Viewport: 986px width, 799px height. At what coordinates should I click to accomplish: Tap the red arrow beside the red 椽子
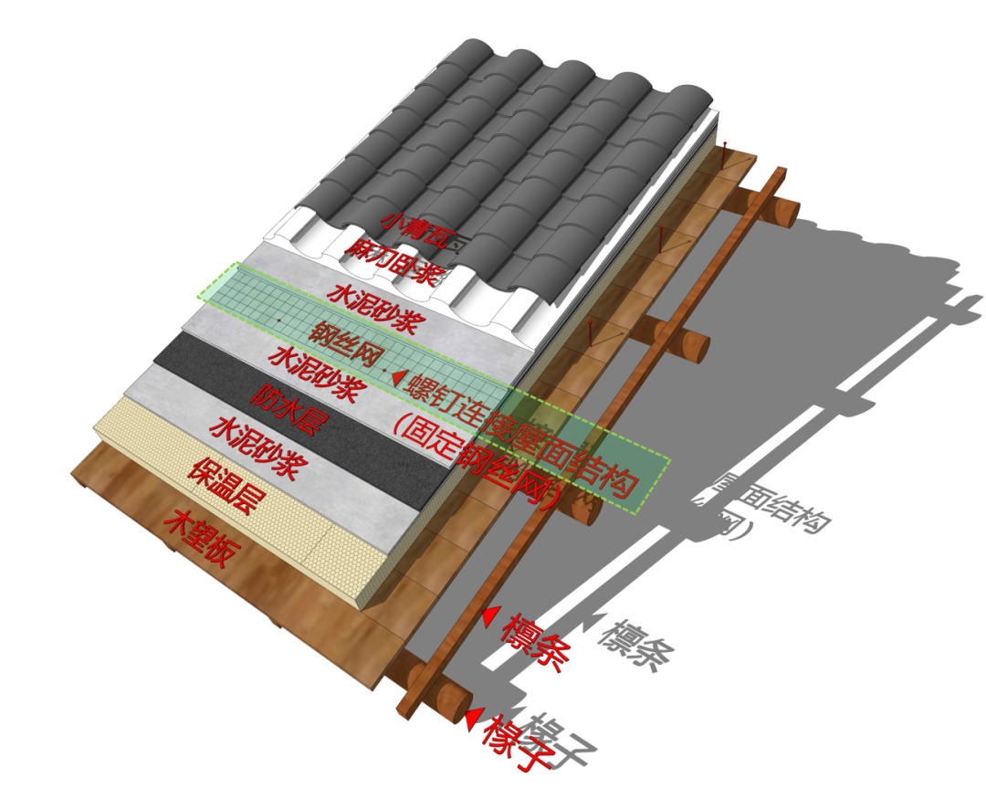[x=471, y=720]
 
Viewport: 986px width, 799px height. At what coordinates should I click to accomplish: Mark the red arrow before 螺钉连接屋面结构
[x=397, y=375]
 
